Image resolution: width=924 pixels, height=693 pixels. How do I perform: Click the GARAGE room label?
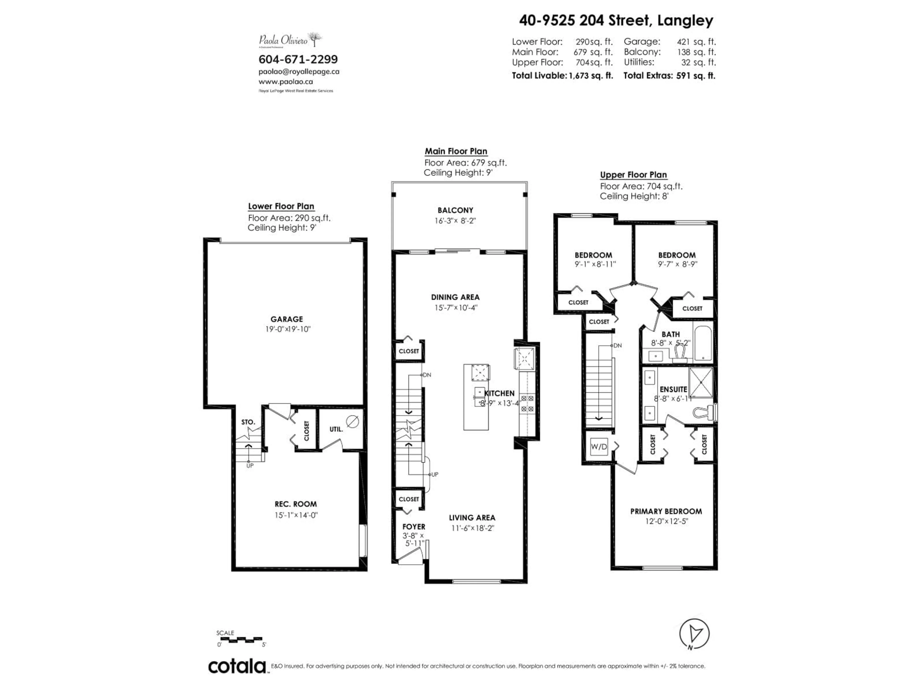tap(287, 319)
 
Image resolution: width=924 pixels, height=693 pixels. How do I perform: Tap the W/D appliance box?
tap(599, 447)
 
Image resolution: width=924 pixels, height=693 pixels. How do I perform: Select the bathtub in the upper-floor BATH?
tap(703, 343)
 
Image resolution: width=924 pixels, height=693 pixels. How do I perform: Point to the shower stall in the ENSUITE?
tap(701, 382)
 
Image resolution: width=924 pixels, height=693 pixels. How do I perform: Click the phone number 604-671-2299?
tap(298, 59)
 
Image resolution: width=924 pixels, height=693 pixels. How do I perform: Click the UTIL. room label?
tap(336, 429)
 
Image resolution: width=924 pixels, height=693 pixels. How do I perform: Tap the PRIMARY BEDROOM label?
tap(666, 511)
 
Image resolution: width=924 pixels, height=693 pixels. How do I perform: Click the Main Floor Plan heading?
tap(456, 151)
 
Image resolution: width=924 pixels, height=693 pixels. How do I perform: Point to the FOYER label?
tap(414, 527)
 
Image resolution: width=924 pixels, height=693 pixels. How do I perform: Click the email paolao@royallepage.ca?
tap(299, 71)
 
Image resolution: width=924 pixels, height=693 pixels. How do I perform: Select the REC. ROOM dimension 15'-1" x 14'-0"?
tap(296, 515)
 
